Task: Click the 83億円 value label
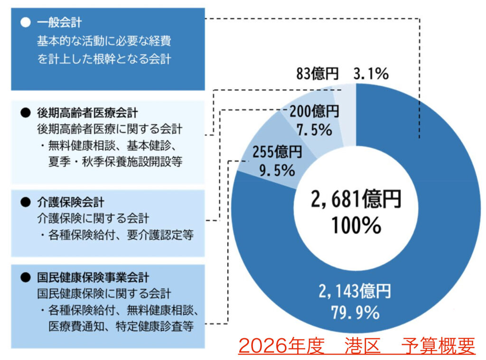[317, 74]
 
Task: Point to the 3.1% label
[371, 74]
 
